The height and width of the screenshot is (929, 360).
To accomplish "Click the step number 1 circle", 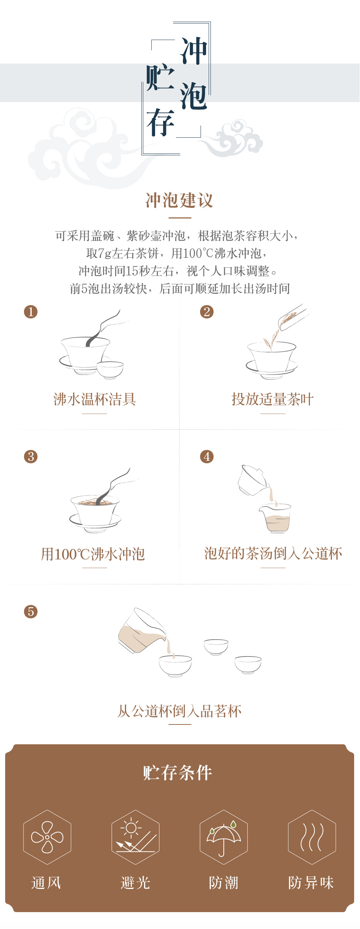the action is [31, 312].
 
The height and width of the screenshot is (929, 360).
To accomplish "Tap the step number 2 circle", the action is [207, 312].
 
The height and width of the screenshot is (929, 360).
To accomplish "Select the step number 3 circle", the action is [31, 456].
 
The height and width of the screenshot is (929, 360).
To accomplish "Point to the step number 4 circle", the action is [207, 456].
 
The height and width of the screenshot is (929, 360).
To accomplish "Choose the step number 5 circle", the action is [31, 611].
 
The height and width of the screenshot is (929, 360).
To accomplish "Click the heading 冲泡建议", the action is [179, 200].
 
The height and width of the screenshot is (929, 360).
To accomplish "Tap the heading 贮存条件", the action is [178, 773].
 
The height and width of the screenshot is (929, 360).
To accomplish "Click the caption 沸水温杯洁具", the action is [95, 399].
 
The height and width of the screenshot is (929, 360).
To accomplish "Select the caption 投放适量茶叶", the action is [273, 399].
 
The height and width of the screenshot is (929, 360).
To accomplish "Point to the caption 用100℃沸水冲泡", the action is [93, 554].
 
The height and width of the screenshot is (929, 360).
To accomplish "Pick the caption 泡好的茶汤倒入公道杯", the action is [273, 553].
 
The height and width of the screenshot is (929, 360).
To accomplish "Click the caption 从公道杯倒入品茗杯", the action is [179, 711].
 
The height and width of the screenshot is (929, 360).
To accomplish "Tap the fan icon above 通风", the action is [47, 837].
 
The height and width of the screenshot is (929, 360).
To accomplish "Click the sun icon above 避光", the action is [131, 828].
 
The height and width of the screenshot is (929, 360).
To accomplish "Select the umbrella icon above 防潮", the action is [224, 839].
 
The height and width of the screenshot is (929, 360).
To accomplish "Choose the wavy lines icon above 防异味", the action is [312, 837].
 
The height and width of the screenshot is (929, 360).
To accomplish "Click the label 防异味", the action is [311, 883].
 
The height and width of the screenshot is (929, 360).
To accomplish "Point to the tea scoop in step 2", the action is [293, 317].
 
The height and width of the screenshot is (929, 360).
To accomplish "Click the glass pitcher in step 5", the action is [142, 630].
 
